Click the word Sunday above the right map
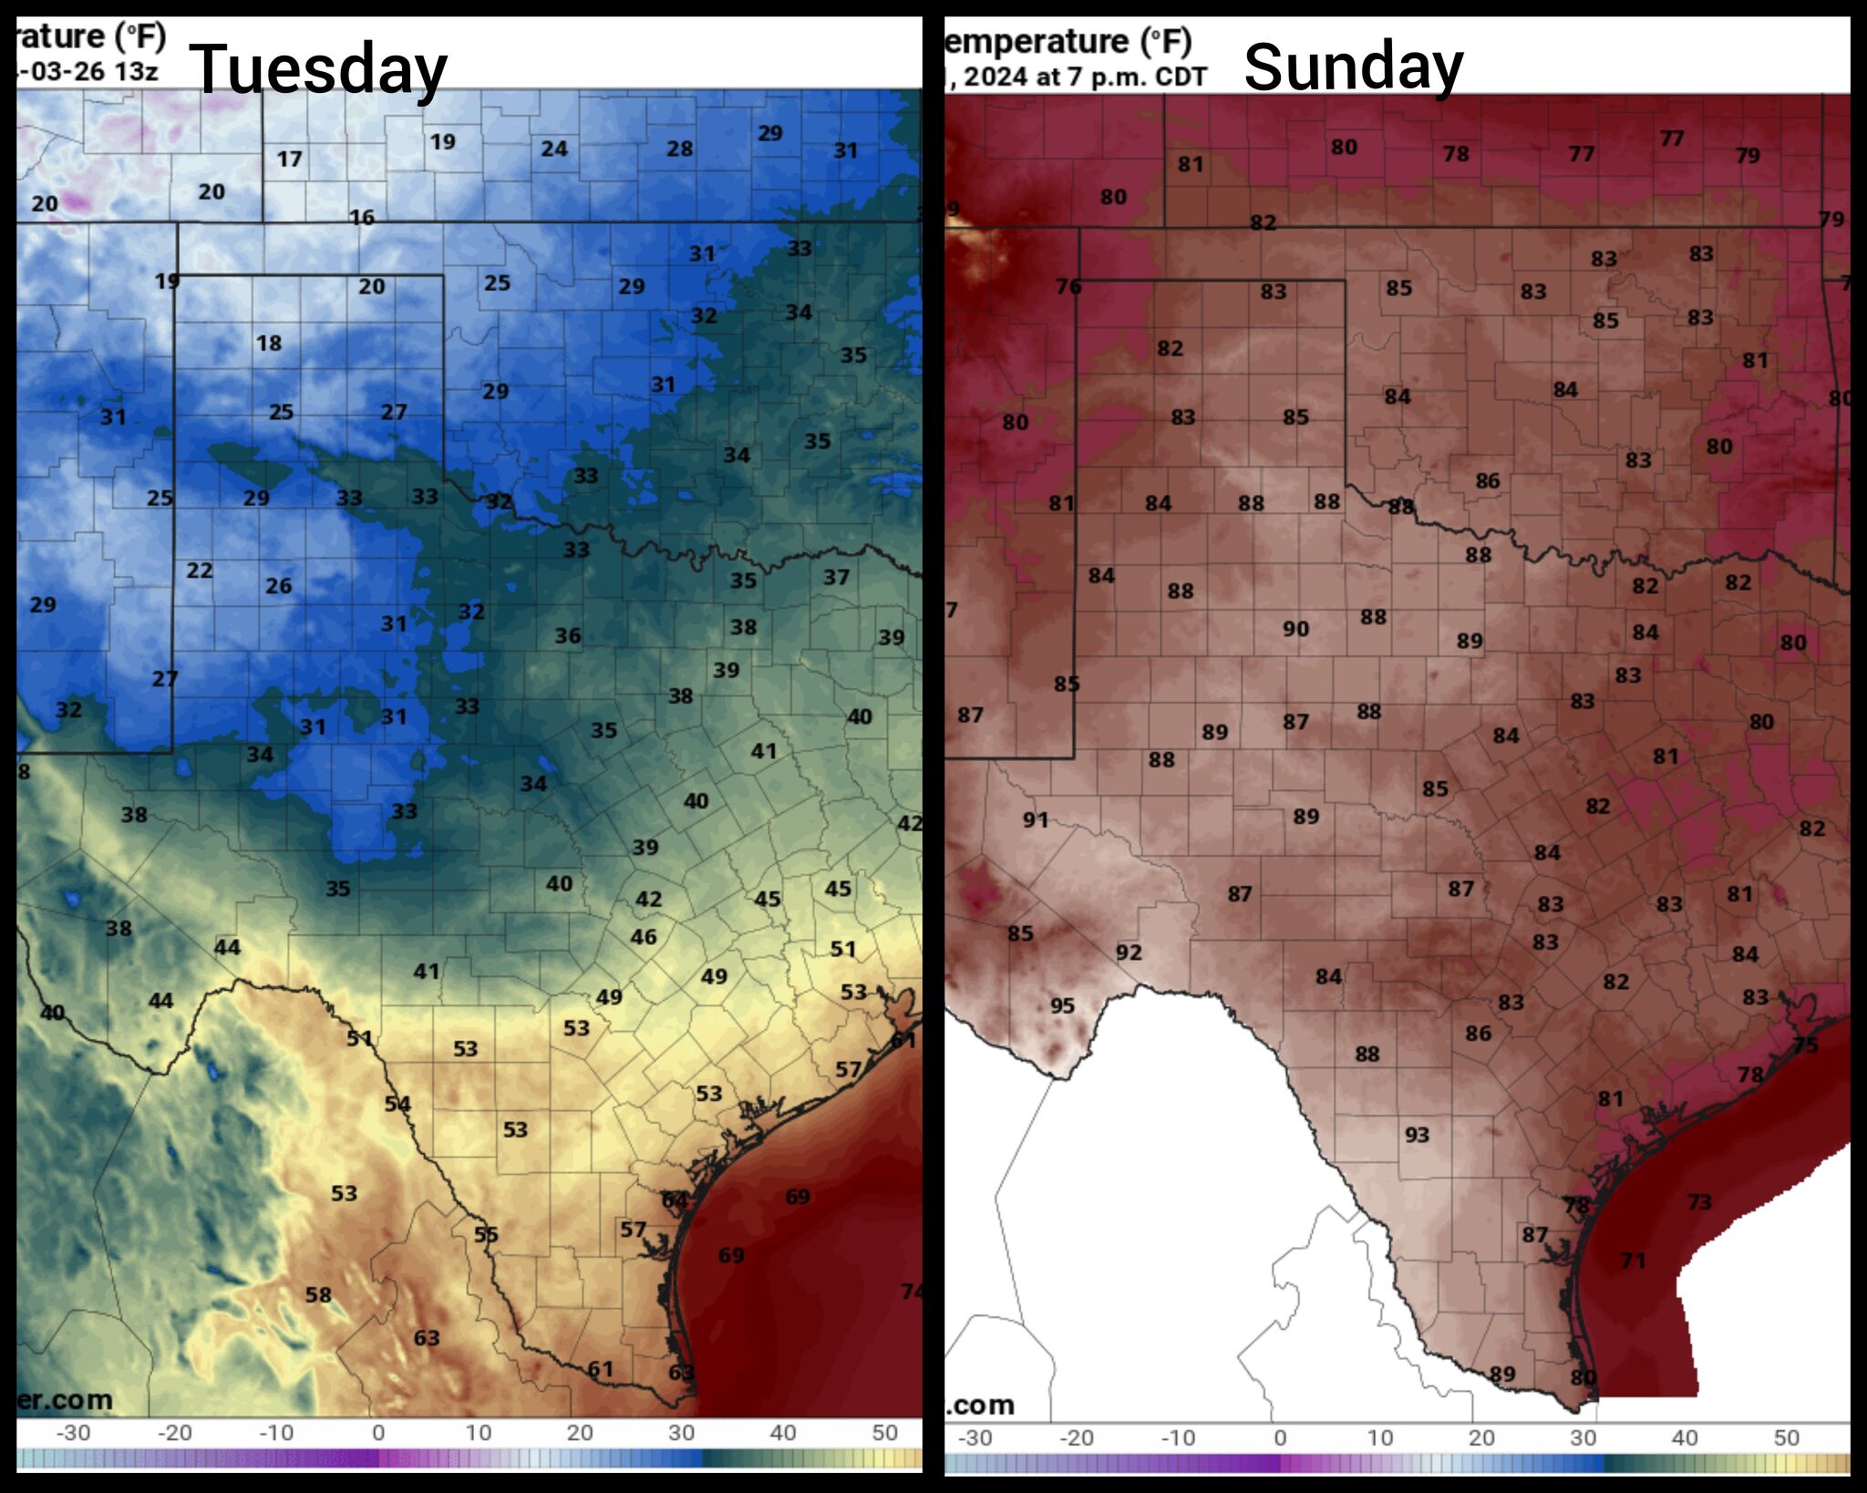(x=1353, y=67)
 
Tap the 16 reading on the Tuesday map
(x=362, y=217)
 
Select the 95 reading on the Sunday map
(x=1062, y=1005)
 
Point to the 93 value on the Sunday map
(x=1417, y=1135)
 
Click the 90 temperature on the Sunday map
(x=1295, y=629)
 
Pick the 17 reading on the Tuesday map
(x=289, y=160)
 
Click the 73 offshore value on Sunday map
(x=1699, y=1202)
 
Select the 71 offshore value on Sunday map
(x=1633, y=1261)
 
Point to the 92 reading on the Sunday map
(x=1129, y=952)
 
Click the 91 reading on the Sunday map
(x=1035, y=819)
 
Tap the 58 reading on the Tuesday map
(x=317, y=1294)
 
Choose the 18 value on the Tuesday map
(x=268, y=344)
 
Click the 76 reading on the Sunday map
(x=1068, y=287)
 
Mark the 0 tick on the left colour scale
(x=378, y=1433)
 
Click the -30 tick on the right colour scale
(x=975, y=1437)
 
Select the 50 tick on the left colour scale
(x=884, y=1433)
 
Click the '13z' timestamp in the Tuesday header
(x=136, y=71)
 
